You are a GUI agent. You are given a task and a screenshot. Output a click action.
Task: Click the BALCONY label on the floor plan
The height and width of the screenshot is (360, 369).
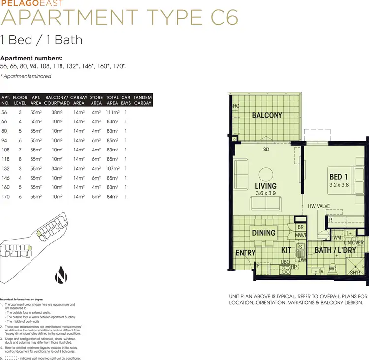tap(267, 115)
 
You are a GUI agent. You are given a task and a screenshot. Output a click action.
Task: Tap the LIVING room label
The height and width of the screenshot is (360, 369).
tap(265, 186)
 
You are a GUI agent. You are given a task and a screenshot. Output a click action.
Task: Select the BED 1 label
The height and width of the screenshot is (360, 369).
tap(338, 177)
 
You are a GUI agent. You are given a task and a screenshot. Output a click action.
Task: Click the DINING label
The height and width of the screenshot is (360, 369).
tap(264, 233)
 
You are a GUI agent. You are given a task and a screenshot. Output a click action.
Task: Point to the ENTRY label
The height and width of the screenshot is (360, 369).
tap(246, 253)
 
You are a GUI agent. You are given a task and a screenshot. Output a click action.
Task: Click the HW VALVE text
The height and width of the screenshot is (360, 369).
tap(318, 206)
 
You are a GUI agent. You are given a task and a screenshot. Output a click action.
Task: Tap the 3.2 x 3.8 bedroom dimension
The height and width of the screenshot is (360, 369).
tap(338, 185)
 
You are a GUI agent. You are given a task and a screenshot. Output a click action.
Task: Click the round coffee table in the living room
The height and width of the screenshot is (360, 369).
tap(266, 174)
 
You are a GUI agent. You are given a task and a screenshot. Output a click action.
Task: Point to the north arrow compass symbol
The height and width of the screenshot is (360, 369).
tap(61, 273)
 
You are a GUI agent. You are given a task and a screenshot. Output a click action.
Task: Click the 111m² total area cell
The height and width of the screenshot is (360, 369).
tap(113, 112)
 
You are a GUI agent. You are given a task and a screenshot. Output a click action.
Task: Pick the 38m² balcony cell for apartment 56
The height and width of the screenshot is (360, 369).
tap(58, 112)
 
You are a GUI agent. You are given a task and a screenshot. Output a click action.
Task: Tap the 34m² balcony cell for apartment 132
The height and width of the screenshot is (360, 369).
tap(58, 169)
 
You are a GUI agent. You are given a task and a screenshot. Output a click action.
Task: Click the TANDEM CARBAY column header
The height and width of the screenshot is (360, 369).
tap(143, 100)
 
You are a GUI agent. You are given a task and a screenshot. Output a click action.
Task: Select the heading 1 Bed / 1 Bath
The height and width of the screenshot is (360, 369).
tap(41, 40)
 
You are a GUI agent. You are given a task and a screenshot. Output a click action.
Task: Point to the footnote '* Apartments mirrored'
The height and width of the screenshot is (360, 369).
tap(26, 76)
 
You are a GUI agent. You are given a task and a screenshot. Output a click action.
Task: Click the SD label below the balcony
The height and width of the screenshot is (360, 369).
tap(266, 149)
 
